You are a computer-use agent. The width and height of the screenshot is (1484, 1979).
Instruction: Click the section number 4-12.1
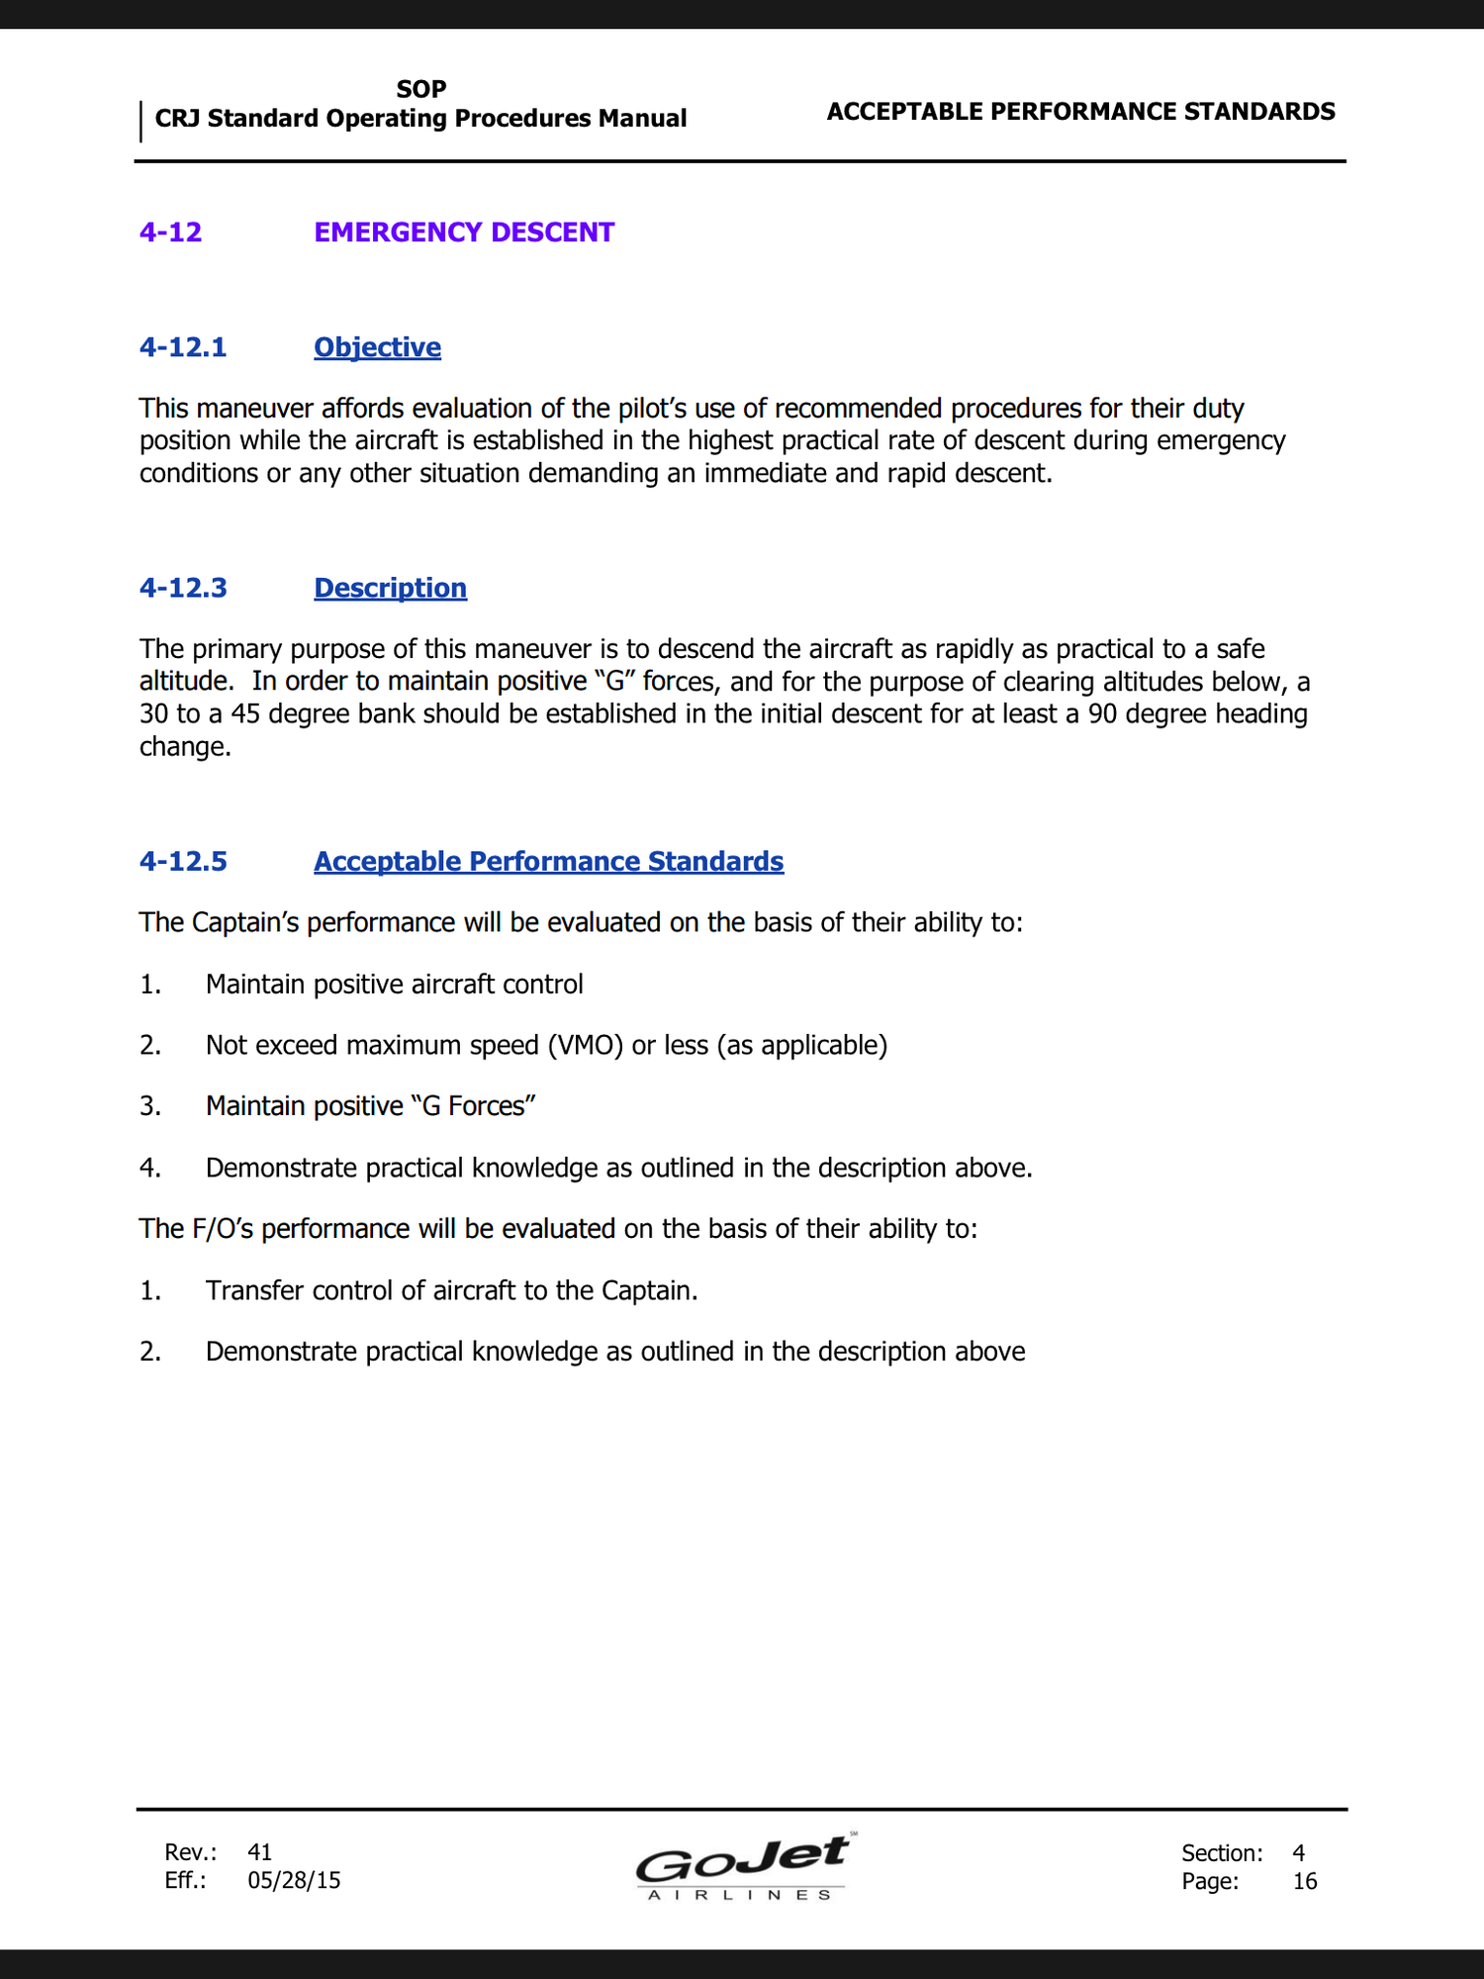tap(183, 347)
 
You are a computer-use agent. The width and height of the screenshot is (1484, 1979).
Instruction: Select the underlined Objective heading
tap(377, 347)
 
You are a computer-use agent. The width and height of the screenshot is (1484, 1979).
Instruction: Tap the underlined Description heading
tap(390, 588)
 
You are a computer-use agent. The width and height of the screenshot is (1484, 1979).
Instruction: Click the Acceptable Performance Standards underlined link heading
tap(548, 861)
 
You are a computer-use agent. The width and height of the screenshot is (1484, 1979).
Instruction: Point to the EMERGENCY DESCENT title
tap(464, 233)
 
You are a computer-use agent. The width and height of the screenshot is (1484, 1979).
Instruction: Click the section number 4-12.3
tap(183, 588)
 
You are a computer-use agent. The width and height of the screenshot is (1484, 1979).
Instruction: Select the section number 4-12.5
tap(183, 861)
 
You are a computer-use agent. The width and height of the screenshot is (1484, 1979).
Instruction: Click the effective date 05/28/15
tap(294, 1880)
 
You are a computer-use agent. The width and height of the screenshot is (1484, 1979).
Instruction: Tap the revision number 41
tap(259, 1851)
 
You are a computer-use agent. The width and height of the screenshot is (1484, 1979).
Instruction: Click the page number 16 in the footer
tap(1305, 1881)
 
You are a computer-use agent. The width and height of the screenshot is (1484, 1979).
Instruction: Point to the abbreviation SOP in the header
tap(421, 89)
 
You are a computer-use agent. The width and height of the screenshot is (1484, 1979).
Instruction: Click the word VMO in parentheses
tap(585, 1045)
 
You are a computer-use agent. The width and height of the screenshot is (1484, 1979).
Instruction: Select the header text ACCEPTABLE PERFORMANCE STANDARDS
tap(1080, 112)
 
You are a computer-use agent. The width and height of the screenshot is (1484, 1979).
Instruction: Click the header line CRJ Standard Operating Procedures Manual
tap(420, 119)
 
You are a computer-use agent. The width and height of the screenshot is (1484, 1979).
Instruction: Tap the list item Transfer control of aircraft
tap(451, 1290)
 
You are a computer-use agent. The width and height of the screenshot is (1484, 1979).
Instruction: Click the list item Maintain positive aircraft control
tap(394, 985)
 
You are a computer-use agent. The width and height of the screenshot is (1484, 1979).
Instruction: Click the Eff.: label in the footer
tap(185, 1880)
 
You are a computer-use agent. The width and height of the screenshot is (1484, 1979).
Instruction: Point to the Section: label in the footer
tap(1222, 1852)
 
